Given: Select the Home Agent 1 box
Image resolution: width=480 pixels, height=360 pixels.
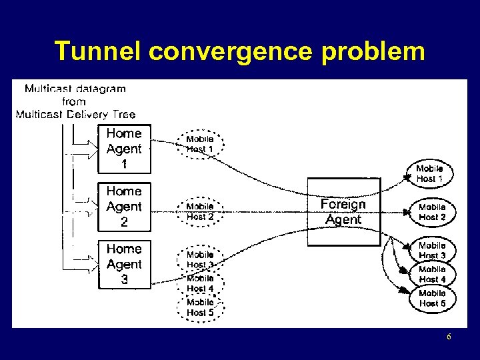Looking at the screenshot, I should click(124, 149).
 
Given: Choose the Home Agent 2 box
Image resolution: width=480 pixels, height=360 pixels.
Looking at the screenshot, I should click(124, 207).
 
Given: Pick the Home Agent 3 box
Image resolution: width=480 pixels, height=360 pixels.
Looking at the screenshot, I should click(124, 264).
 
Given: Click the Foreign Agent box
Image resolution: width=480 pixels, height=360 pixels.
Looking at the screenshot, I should click(343, 211).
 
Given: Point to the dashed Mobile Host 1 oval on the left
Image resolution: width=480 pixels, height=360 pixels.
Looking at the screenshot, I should click(200, 144).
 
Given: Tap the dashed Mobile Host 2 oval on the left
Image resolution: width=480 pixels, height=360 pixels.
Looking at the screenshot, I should click(200, 211).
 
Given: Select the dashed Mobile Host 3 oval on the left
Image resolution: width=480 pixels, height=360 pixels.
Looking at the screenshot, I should click(200, 259).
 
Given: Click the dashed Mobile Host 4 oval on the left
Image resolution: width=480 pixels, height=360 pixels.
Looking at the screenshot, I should click(200, 283).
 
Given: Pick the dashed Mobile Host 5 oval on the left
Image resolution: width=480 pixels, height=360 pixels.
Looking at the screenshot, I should click(200, 307).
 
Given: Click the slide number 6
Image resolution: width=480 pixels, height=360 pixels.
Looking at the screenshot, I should click(449, 337).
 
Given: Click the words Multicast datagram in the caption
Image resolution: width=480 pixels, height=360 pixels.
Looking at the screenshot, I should click(75, 89).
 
